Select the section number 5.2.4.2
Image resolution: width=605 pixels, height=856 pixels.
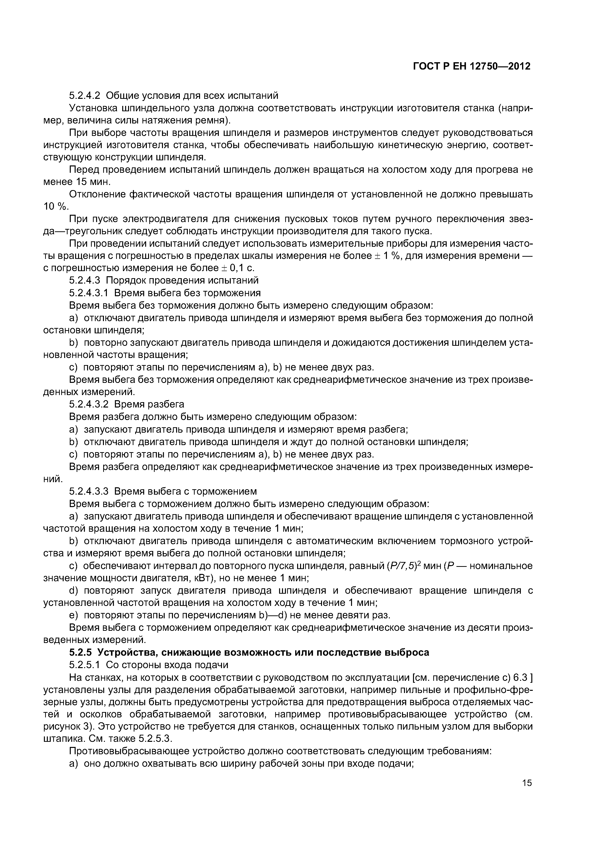tap(85, 96)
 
